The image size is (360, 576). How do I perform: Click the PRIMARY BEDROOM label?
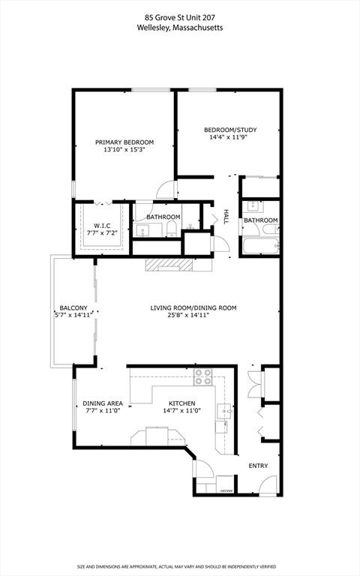(x=124, y=142)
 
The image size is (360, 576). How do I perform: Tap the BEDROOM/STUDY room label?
(x=230, y=130)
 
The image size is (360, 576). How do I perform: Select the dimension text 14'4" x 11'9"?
(x=230, y=138)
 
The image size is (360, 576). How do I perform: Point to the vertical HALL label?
(x=225, y=217)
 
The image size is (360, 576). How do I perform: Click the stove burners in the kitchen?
(x=203, y=376)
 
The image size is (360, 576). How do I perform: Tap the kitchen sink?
(x=223, y=410)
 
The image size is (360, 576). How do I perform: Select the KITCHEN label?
(x=182, y=403)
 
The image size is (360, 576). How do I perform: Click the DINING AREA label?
(x=103, y=403)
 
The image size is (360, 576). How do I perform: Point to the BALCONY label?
(x=74, y=307)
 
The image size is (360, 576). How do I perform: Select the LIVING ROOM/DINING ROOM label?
(x=193, y=307)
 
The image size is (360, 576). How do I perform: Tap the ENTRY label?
(x=258, y=466)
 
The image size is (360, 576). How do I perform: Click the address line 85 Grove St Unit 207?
(x=179, y=16)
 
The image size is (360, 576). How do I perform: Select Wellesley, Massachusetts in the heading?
(x=179, y=28)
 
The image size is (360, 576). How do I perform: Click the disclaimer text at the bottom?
(x=179, y=566)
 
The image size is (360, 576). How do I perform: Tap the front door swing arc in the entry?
(x=268, y=488)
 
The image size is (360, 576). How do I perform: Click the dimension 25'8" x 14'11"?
(x=193, y=316)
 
